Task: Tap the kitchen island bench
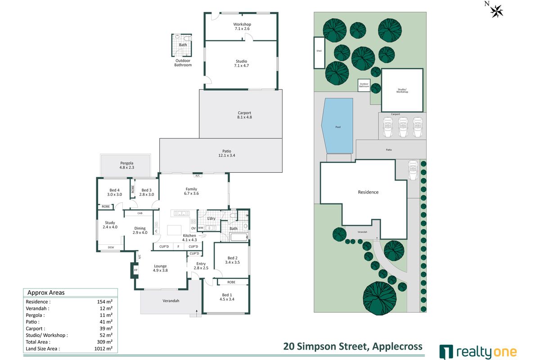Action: coord(176,230)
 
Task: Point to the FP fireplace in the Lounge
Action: coord(135,270)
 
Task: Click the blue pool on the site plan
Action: coord(337,126)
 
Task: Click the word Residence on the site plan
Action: coord(368,192)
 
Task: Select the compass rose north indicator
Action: coord(496,10)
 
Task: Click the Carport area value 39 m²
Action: coord(107,328)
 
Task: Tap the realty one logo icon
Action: coord(446,351)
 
